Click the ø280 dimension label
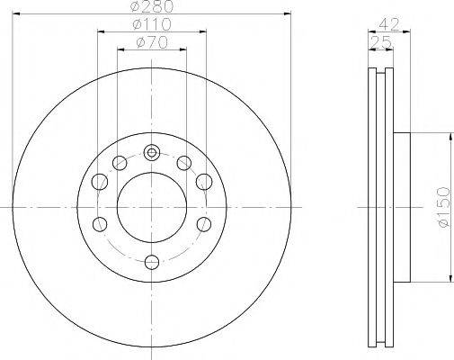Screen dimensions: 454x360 (152, 6)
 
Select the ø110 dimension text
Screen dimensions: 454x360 (152, 24)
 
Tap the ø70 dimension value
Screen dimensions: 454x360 (152, 42)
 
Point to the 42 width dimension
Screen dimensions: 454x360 (389, 24)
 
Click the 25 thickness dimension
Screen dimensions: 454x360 (381, 42)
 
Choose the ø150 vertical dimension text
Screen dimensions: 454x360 (443, 207)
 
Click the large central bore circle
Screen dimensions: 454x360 (152, 207)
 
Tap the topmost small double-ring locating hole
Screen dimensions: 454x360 (152, 153)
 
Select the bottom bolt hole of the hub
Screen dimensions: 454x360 (152, 262)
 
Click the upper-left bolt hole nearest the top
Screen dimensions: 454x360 (120, 163)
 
